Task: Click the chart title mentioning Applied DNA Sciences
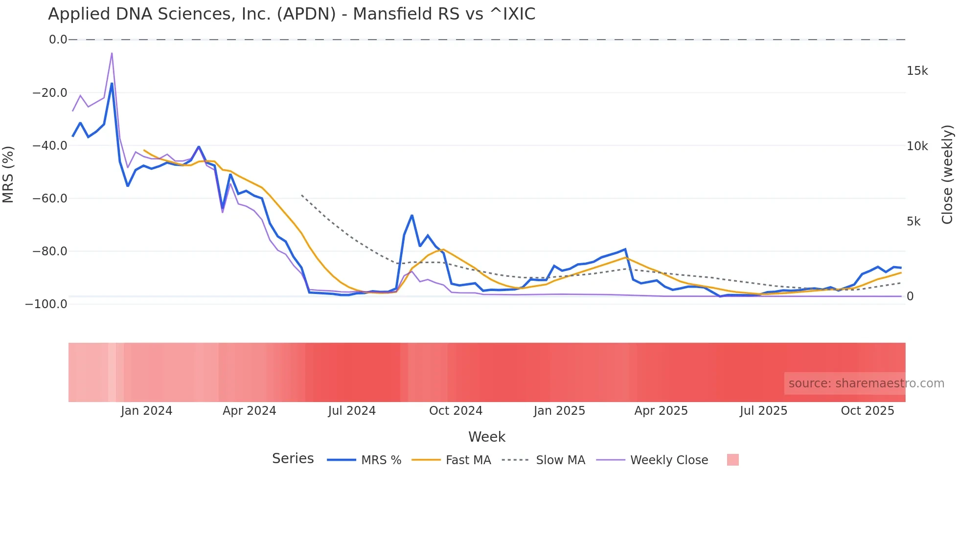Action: tap(292, 14)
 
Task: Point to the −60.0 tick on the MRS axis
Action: tap(50, 199)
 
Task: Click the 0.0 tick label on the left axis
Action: tap(58, 40)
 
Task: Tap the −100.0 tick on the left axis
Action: tap(46, 304)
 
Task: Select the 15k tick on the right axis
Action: tap(917, 71)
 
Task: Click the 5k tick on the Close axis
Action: tap(913, 222)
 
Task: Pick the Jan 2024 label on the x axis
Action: tap(146, 411)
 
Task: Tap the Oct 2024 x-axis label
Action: tap(456, 411)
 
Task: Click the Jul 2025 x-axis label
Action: tap(763, 411)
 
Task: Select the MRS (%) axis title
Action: tap(8, 174)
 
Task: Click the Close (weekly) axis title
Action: tap(947, 174)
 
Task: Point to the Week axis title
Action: tap(486, 437)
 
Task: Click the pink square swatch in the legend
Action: tap(732, 460)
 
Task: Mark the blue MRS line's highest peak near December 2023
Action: tap(112, 84)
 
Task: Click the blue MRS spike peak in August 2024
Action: tap(412, 215)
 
